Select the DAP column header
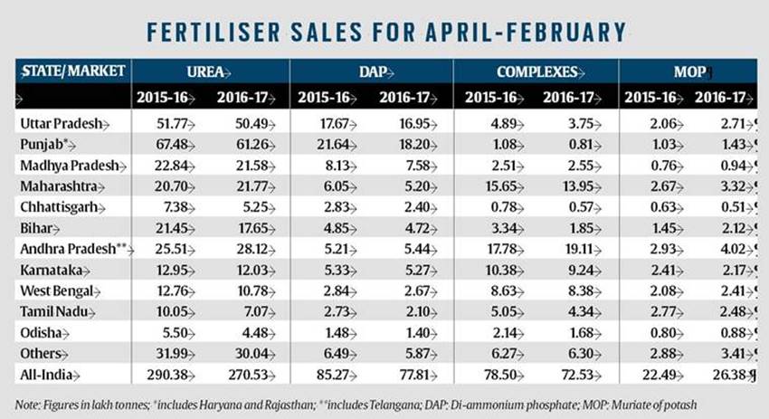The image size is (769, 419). pos(369,71)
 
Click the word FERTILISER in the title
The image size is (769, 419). pos(223,33)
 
